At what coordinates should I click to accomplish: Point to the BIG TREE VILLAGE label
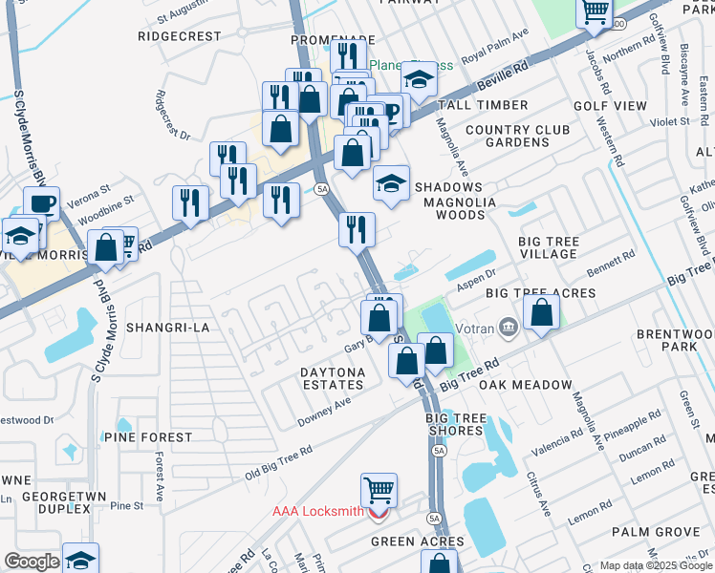pyautogui.click(x=548, y=248)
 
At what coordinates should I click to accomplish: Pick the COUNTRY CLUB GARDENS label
pyautogui.click(x=507, y=136)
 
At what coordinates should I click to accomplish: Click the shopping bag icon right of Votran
pyautogui.click(x=542, y=311)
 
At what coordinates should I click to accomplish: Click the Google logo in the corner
pyautogui.click(x=32, y=562)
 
